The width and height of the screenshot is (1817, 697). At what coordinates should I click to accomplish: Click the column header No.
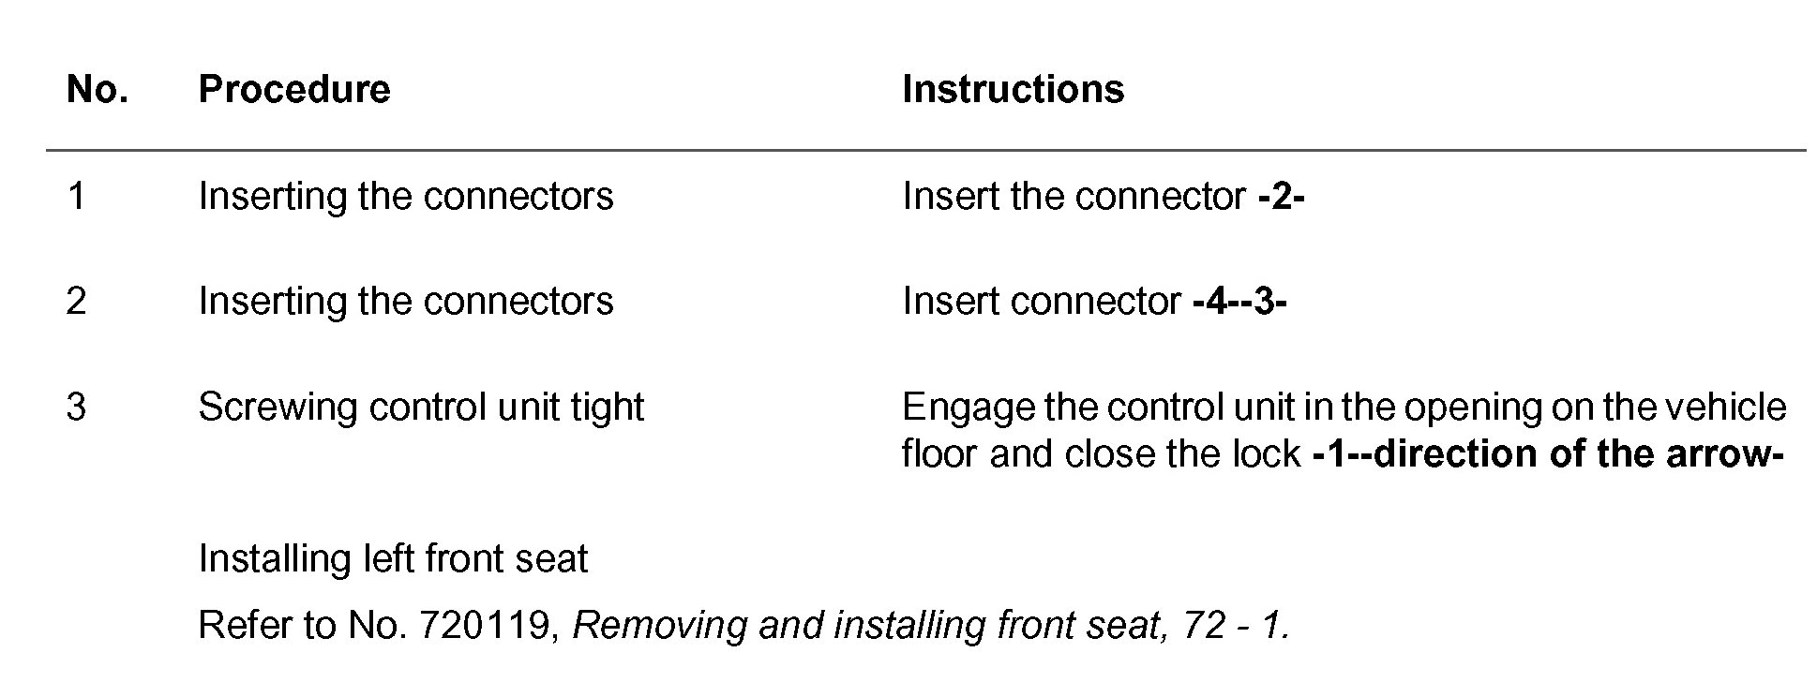(x=97, y=90)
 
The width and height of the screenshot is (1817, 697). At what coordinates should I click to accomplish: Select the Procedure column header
(x=293, y=90)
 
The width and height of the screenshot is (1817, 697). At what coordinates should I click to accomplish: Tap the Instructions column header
(x=1013, y=90)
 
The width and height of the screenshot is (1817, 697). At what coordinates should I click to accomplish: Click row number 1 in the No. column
(x=76, y=197)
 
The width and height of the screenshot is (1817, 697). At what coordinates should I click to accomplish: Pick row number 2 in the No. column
(x=76, y=302)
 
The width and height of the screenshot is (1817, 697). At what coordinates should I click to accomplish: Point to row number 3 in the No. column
(x=76, y=408)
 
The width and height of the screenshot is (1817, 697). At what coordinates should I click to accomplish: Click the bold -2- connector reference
(x=1281, y=197)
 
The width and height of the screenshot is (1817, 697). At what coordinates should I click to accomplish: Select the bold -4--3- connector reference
(x=1239, y=302)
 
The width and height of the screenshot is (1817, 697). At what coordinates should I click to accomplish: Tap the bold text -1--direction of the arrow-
(x=1547, y=454)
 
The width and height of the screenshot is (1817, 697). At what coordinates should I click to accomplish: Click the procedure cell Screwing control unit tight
(x=421, y=408)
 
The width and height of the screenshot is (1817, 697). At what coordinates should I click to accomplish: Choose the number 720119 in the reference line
(x=483, y=626)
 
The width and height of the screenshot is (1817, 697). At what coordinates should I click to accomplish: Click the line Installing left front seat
(x=393, y=559)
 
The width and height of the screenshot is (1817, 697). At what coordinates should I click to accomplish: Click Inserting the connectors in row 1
(x=406, y=197)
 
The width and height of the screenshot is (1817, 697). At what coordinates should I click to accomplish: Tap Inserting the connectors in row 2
(x=406, y=302)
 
